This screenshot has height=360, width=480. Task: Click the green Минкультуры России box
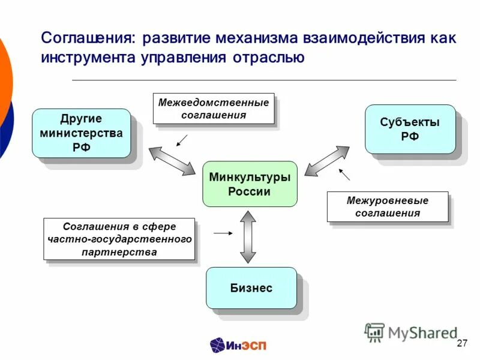(250, 184)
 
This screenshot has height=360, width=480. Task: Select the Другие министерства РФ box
(81, 133)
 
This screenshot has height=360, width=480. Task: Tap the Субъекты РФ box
(410, 129)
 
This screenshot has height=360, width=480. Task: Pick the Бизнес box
(251, 288)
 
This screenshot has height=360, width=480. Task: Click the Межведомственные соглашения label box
(214, 109)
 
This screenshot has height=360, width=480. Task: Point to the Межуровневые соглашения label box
(387, 206)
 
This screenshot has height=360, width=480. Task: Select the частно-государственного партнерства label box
(119, 239)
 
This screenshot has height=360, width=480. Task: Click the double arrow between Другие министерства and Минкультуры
(172, 161)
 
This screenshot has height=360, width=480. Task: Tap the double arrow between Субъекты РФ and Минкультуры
(326, 161)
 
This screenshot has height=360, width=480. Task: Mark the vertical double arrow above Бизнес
(247, 238)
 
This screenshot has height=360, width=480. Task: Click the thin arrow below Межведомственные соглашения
(182, 140)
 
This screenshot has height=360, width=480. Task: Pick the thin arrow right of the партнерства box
(223, 232)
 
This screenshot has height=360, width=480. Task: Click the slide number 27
(461, 343)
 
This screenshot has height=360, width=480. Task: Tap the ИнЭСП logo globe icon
(218, 344)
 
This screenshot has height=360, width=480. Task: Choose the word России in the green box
(249, 192)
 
